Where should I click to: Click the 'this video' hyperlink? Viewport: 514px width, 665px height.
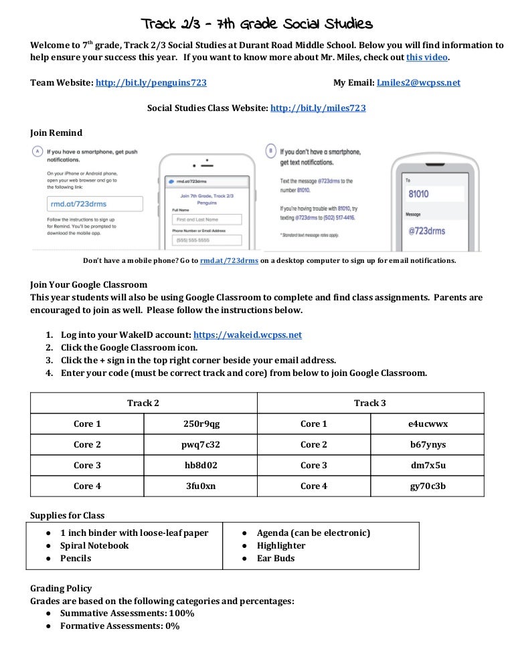(428, 58)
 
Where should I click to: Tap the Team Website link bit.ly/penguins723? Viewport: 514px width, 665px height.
(151, 83)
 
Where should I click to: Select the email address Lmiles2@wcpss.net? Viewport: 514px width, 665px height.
(419, 83)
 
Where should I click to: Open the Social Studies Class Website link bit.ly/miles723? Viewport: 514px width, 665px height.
(318, 108)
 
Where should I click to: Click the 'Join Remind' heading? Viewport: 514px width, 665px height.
(56, 132)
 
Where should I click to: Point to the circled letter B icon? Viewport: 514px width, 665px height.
(270, 151)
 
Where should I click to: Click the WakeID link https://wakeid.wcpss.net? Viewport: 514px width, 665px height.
(248, 335)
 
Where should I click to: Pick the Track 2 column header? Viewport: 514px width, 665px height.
(143, 403)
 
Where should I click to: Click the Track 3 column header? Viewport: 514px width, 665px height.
(369, 403)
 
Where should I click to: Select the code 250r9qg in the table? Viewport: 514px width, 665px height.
(201, 423)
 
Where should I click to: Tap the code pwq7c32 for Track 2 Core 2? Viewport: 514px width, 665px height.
(201, 444)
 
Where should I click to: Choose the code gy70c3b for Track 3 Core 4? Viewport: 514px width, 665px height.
(428, 486)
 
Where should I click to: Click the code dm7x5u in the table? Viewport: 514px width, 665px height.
(428, 465)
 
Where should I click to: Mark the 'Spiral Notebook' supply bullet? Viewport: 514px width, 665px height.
(94, 545)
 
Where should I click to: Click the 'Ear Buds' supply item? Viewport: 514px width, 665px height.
(276, 558)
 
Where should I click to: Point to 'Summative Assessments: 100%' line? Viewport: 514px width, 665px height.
(127, 613)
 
